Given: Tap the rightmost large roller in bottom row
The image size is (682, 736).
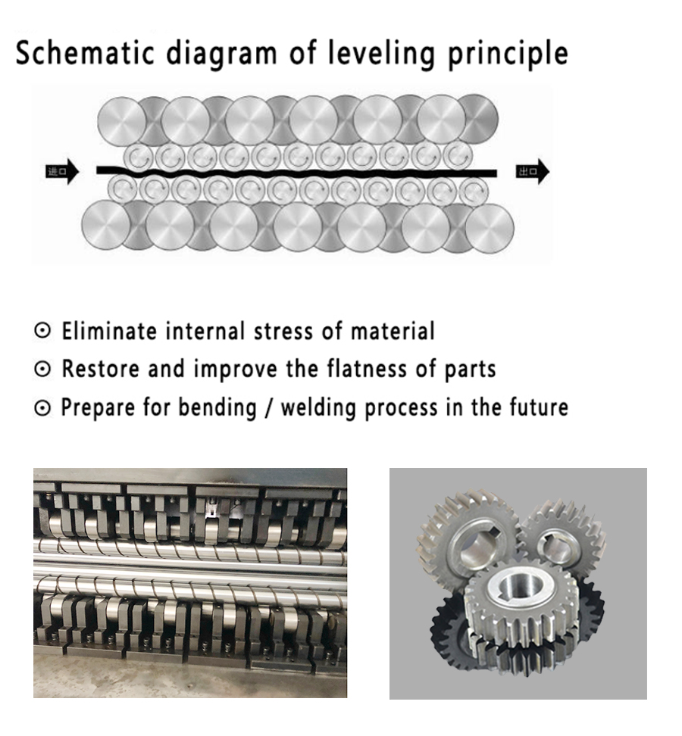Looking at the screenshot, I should (490, 227).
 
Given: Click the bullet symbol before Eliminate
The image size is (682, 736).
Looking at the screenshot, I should (44, 332).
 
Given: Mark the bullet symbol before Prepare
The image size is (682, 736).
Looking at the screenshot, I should (44, 408).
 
